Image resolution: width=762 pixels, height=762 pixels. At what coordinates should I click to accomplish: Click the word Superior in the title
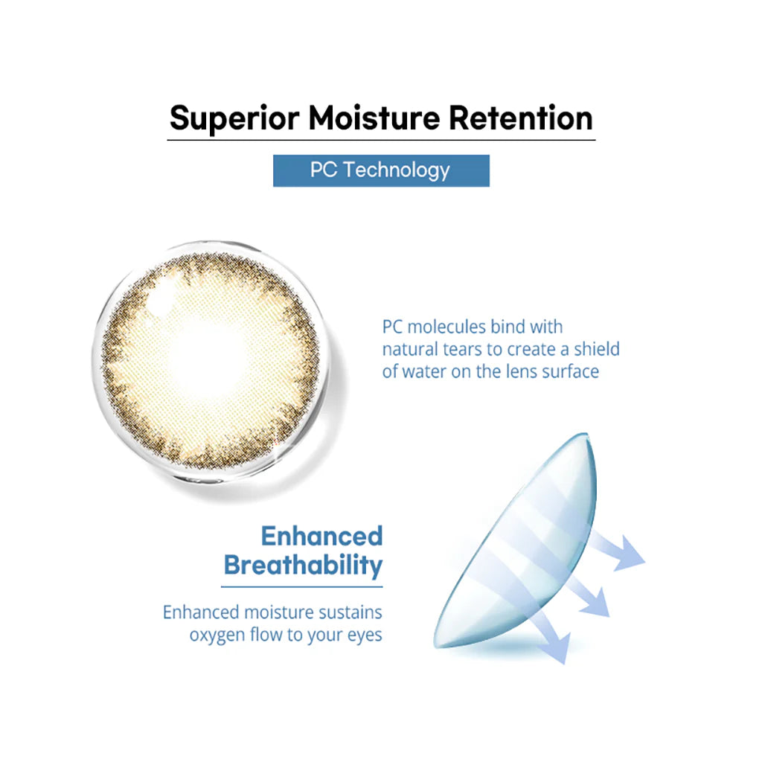tap(234, 118)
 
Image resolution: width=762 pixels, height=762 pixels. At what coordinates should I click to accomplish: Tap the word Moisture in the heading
tap(374, 118)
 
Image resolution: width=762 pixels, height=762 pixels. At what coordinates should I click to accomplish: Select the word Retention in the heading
tap(520, 118)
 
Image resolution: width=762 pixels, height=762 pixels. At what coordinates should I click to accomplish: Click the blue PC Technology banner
tap(381, 170)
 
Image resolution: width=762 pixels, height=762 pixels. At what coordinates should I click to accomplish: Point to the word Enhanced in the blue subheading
tap(321, 537)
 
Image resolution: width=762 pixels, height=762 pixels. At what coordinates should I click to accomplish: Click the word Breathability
tap(304, 566)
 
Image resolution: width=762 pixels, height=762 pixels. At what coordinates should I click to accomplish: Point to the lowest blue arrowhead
tap(558, 648)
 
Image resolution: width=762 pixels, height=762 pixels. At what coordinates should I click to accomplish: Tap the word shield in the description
tap(597, 350)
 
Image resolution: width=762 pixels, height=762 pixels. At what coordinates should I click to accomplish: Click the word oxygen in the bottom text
tap(217, 635)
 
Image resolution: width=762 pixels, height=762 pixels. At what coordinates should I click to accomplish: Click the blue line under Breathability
tap(302, 587)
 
